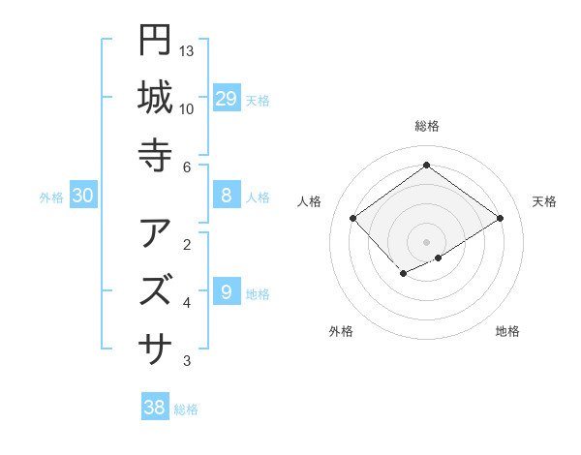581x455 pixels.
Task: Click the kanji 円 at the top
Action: (x=155, y=40)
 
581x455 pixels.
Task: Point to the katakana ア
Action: (x=155, y=233)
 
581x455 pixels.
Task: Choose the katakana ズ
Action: (x=155, y=289)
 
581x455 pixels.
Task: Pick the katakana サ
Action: (x=155, y=346)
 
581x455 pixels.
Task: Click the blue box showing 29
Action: (x=227, y=98)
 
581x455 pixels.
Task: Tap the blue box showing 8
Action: (x=227, y=196)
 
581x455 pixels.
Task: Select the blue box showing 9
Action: (x=227, y=290)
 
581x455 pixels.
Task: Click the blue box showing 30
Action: (x=83, y=196)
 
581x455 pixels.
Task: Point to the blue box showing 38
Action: (x=155, y=408)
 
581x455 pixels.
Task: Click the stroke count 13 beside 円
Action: (x=187, y=50)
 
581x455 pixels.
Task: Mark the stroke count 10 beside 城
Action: (x=187, y=108)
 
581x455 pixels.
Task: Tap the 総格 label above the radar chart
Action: (x=427, y=127)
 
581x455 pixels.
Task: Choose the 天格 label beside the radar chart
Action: (x=544, y=201)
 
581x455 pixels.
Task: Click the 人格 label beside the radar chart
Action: (x=310, y=201)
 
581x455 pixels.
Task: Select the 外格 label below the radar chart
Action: (x=341, y=331)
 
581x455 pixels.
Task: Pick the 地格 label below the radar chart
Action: (x=507, y=331)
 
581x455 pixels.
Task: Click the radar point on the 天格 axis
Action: (x=500, y=218)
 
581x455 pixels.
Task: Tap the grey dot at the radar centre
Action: (x=426, y=241)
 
